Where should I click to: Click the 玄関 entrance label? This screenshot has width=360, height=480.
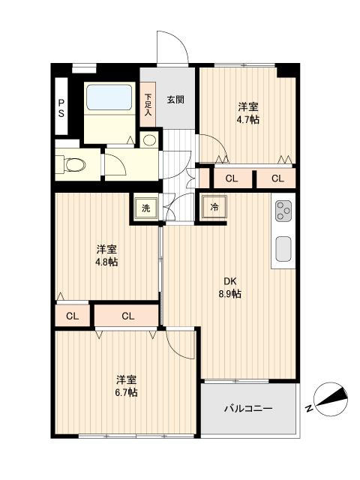175,100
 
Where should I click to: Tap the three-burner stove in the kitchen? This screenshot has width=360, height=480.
283,211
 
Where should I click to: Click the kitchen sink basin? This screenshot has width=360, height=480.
283,248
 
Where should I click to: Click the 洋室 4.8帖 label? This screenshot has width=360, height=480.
106,255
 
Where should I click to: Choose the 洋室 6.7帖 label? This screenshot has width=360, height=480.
127,385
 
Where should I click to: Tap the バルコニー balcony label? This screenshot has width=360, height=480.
249,409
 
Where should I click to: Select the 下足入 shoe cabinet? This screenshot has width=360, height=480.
148,104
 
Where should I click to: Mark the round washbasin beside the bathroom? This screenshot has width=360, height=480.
149,140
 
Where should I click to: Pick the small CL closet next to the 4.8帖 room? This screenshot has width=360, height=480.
72,316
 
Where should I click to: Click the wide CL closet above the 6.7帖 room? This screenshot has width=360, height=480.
127,316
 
